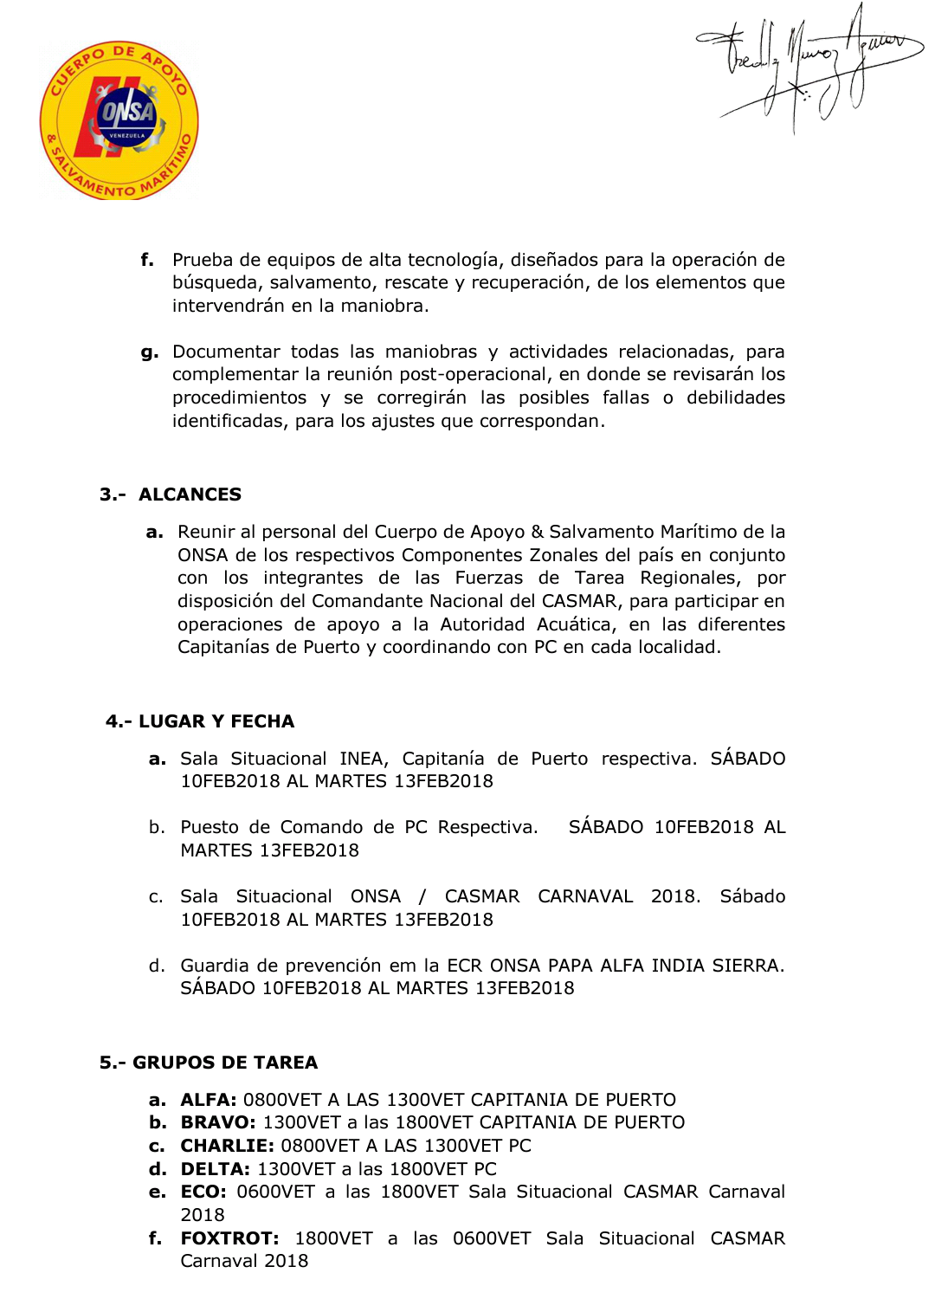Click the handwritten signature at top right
(809, 65)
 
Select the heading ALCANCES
(190, 494)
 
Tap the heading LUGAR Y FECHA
(216, 721)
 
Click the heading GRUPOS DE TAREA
(225, 1063)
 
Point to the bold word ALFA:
(209, 1100)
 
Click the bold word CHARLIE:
(227, 1146)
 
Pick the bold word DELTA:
(216, 1169)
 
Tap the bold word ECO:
(203, 1192)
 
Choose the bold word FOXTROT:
(229, 1238)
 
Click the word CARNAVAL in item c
(585, 896)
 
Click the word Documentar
(226, 352)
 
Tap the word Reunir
(205, 532)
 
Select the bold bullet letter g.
(150, 352)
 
